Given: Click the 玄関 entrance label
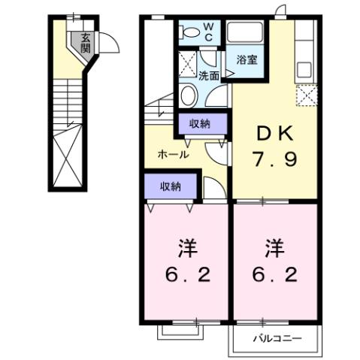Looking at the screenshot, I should (86, 43).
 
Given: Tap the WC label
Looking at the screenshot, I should (208, 32).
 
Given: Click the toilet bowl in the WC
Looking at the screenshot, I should (192, 33).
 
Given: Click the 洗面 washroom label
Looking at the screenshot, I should (208, 75).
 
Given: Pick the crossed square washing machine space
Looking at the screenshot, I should (188, 62).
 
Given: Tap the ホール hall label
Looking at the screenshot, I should (172, 155).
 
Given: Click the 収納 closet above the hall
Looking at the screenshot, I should (199, 124).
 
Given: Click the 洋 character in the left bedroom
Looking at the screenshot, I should (183, 247).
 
